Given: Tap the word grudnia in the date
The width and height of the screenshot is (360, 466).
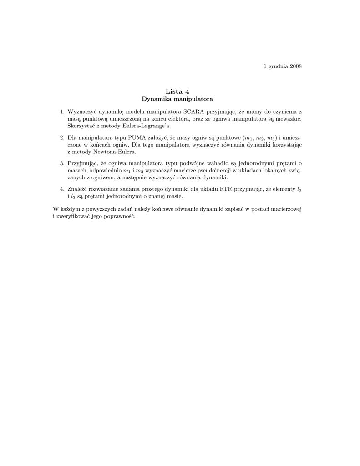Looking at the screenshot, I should point(278,66).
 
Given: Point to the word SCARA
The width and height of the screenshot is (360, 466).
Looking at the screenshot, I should point(194,111).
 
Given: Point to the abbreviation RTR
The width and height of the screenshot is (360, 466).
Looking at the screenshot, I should point(226,189).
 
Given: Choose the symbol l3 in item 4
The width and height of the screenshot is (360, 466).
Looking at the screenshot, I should point(73,196).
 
